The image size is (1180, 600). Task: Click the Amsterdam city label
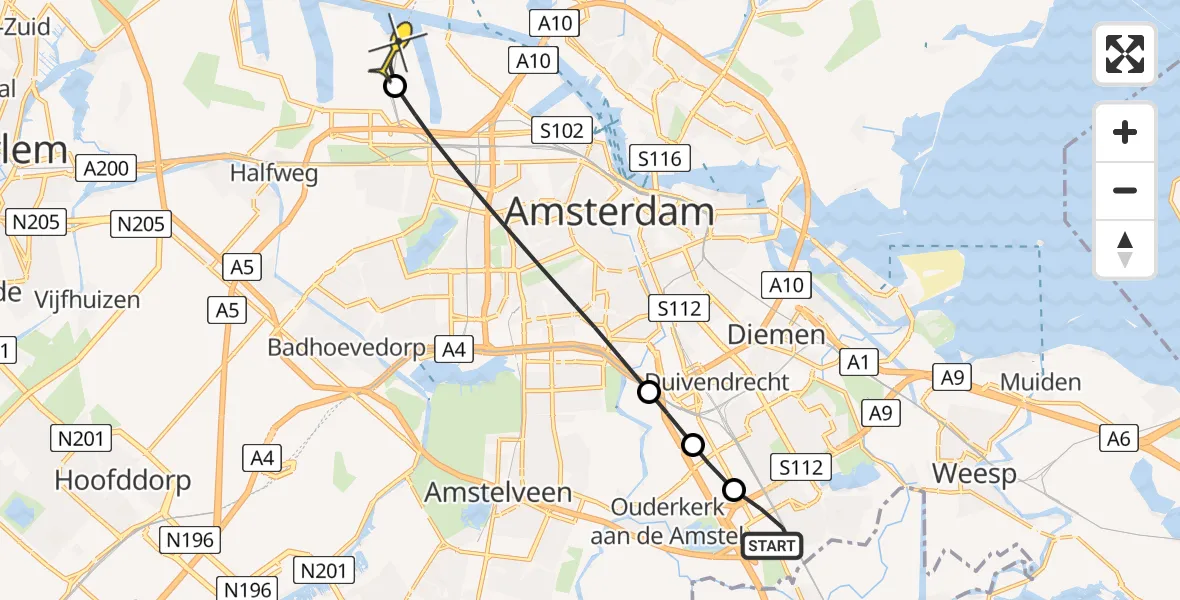[x=610, y=212]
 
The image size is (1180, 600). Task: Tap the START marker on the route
[x=772, y=545]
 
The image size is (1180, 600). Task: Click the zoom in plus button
[x=1125, y=133]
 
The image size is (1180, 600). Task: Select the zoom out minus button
[x=1125, y=190]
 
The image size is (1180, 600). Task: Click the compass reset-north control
[x=1125, y=249]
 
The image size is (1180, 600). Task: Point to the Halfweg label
[x=274, y=173]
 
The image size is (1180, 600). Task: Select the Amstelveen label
[x=498, y=492]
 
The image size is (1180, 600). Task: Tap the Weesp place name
[x=974, y=474]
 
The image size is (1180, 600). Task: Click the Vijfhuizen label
[x=87, y=299]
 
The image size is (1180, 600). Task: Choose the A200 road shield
[x=107, y=168]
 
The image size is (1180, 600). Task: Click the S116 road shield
[x=660, y=158]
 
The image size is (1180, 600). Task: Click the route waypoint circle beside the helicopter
[x=395, y=86]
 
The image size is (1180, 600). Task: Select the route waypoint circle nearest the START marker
[x=734, y=489]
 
